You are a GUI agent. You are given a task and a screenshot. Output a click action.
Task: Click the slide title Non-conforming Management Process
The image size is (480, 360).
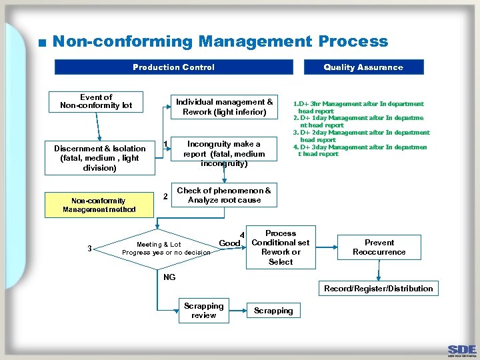[x=220, y=41]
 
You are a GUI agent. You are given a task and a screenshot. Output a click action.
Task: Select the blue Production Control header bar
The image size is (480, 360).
[x=173, y=67]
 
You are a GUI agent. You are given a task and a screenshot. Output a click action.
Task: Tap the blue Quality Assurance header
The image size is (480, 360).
[x=363, y=67]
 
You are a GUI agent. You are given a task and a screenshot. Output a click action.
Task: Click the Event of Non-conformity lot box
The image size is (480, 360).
[x=96, y=101]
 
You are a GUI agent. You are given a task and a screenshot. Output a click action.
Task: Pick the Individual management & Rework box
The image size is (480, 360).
[x=224, y=107]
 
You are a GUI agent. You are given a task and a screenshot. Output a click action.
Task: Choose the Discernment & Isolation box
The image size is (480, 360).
[x=99, y=158]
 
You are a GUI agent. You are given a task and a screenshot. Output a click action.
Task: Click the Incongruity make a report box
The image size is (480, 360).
[x=224, y=153]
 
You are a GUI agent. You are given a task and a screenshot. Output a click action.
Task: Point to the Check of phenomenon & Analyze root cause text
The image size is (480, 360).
[x=223, y=195]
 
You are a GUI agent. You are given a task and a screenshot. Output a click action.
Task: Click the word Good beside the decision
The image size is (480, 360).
[x=229, y=243]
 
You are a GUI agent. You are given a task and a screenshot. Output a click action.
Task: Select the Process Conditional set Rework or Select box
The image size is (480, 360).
[x=280, y=247]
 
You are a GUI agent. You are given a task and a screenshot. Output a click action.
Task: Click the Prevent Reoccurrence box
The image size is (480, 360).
[x=379, y=247]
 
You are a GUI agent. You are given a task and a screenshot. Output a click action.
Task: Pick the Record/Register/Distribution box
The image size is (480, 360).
[x=378, y=289]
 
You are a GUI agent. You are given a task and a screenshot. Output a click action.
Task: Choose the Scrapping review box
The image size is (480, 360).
[x=203, y=311]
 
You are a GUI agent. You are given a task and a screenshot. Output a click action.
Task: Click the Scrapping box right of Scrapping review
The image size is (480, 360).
[x=273, y=311]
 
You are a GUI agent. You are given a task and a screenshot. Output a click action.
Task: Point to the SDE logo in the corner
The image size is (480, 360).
[x=462, y=351]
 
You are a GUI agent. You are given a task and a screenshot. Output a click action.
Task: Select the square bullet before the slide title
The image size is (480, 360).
[x=42, y=43]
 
